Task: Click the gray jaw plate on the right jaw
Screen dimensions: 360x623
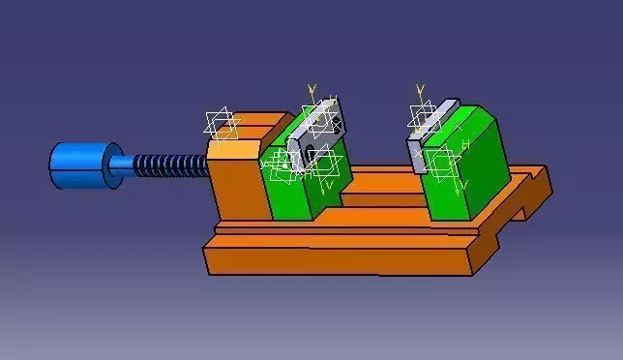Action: (x=431, y=135)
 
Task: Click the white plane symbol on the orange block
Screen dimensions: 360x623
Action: (x=222, y=125)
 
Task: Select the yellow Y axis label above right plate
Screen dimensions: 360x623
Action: (x=420, y=89)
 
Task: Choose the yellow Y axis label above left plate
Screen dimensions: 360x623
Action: (x=311, y=89)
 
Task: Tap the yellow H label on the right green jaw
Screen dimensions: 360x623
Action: (x=465, y=145)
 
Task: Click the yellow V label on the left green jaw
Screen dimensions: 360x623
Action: (x=330, y=184)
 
